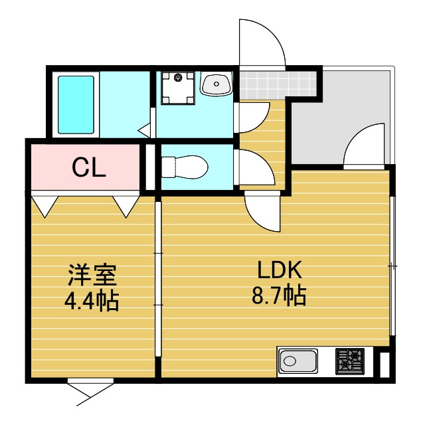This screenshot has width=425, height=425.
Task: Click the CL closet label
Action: (x=89, y=168)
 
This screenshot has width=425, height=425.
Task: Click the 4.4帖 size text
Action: (x=91, y=301)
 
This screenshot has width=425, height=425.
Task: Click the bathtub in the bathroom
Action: (x=76, y=104)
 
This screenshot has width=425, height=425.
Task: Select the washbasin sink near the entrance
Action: (x=216, y=84)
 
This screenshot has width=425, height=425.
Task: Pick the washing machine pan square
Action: (x=179, y=88)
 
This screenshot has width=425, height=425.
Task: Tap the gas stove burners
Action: (x=350, y=362)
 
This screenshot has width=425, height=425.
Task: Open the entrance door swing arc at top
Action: (x=262, y=43)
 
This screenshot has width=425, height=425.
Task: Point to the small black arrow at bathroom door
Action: (x=144, y=131)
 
